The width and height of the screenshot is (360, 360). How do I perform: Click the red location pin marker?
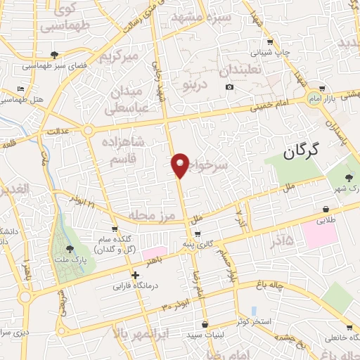(x=180, y=165)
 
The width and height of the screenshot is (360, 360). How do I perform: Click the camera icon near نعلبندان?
(x=230, y=87)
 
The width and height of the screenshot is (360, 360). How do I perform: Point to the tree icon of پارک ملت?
(x=70, y=248)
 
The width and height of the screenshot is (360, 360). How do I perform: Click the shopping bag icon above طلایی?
(x=326, y=209)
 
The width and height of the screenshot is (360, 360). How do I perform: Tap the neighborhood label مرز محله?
(x=146, y=214)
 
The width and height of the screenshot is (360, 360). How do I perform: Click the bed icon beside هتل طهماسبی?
(x=20, y=90)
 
